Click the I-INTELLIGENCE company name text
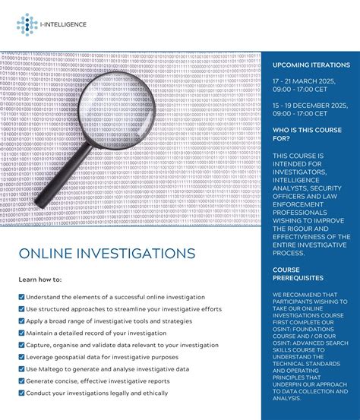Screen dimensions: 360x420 point(65,24)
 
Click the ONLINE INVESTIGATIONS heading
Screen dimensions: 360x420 point(106,253)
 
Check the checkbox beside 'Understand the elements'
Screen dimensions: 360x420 point(21,297)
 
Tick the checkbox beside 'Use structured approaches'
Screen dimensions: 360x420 point(21,309)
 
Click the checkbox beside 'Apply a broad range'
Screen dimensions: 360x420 point(21,321)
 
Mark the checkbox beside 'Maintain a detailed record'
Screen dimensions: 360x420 point(21,333)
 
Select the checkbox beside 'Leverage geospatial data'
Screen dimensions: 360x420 point(21,357)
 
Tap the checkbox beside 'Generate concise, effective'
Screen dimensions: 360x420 point(21,381)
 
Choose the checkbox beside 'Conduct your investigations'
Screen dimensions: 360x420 point(21,393)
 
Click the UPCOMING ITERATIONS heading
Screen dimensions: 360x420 point(311,65)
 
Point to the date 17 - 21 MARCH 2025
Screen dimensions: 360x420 point(308,81)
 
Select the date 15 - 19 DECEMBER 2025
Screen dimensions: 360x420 point(311,106)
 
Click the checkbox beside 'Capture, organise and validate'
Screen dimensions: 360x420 point(21,345)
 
